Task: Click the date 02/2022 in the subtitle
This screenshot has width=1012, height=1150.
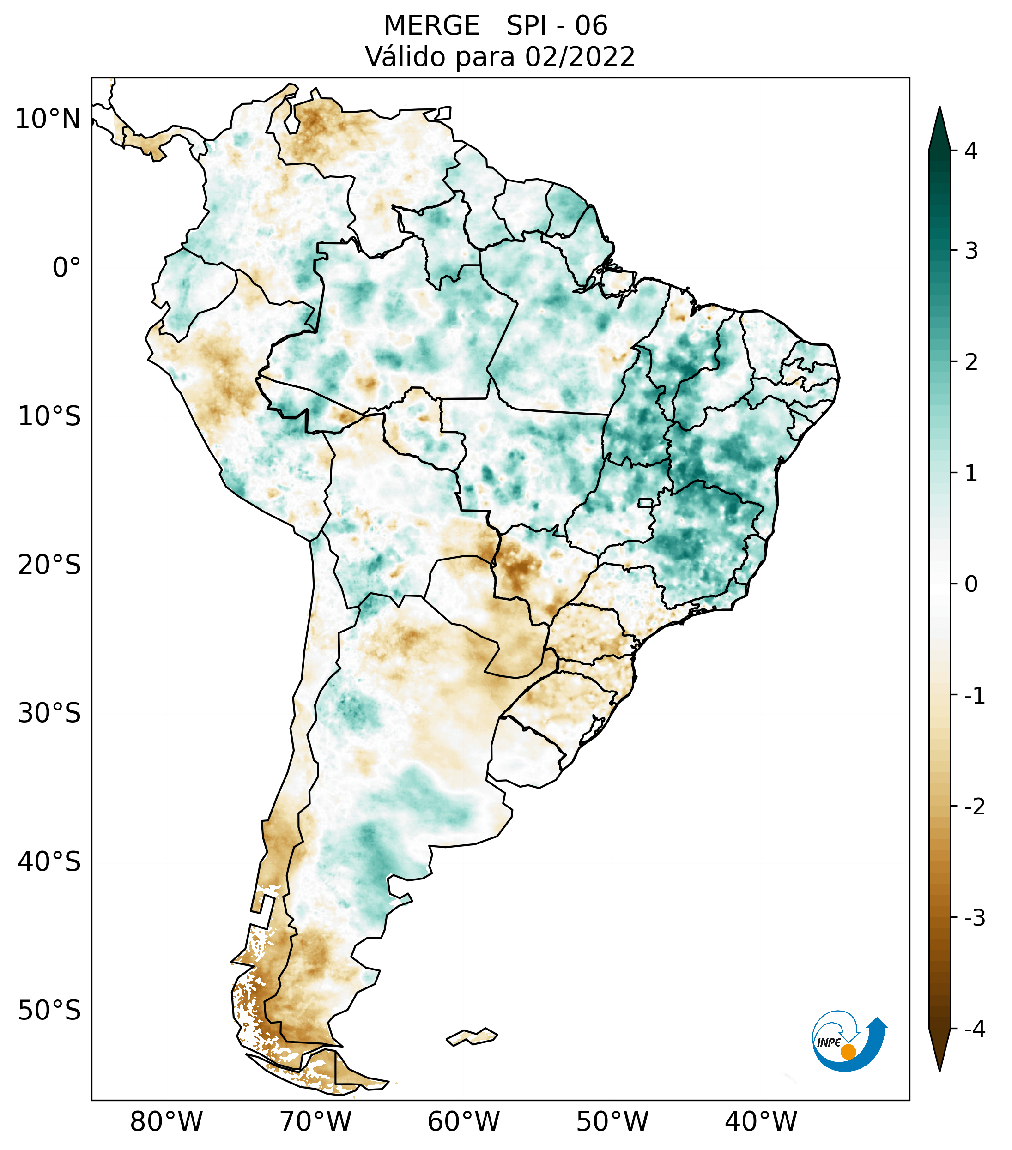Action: tap(580, 57)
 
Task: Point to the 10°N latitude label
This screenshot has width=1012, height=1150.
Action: tap(48, 119)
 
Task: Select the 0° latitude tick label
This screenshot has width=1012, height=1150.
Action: tap(67, 268)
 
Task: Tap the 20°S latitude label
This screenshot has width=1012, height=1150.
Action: tap(49, 565)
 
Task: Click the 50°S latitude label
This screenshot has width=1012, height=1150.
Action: tap(49, 1011)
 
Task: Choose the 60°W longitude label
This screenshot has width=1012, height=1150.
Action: tap(463, 1121)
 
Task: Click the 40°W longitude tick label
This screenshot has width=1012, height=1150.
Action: tap(760, 1121)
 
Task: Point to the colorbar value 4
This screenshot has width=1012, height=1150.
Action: tap(971, 151)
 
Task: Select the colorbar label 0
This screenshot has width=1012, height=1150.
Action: tap(971, 584)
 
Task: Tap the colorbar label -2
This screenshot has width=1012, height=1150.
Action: tap(974, 807)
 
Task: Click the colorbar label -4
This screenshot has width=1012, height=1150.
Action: tap(974, 1029)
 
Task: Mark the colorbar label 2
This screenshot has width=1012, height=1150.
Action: tap(971, 362)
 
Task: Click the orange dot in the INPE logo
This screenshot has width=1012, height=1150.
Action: tap(848, 1052)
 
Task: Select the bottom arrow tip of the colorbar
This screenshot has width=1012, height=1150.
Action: tap(939, 1070)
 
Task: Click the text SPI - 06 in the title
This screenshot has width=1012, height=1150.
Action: tap(557, 26)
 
